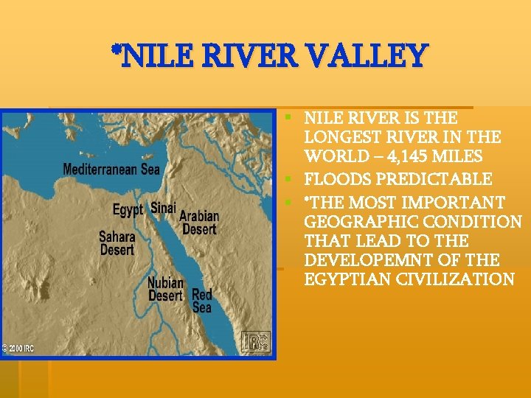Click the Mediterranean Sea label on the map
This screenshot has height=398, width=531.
pos(111,169)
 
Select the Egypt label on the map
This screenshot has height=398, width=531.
pos(128,210)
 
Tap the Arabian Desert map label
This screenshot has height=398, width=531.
pos(199,223)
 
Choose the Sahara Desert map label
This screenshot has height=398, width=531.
pos(117,244)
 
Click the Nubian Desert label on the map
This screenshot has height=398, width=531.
pos(165,290)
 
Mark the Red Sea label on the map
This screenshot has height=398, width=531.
pos(201,301)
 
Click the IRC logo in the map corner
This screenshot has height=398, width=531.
pos(257,342)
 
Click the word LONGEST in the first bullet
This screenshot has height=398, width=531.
pos(339,138)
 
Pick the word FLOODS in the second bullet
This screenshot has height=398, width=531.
pos(336,180)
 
